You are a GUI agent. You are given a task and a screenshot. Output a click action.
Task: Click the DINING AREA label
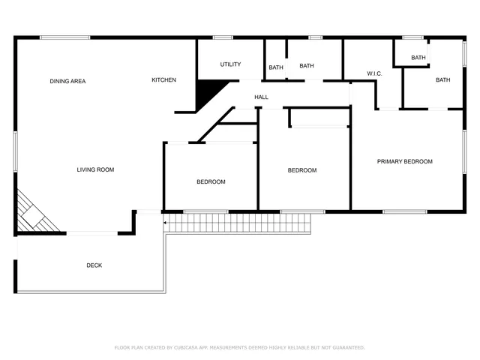67,81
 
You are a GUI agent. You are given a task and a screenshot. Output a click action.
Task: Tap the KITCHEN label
164,80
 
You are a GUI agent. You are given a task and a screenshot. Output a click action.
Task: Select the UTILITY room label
230,64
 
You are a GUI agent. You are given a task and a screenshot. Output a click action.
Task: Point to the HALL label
261,97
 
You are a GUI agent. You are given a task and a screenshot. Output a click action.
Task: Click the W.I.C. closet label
375,73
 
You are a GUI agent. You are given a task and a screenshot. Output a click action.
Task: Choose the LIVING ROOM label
95,169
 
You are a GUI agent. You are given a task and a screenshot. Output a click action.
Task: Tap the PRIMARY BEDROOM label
404,161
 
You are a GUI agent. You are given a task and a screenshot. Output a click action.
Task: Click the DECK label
94,265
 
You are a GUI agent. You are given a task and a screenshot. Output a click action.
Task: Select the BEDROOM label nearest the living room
211,181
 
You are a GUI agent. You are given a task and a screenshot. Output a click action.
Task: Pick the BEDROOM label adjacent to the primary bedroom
302,170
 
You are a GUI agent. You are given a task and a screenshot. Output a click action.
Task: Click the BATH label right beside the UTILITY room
276,68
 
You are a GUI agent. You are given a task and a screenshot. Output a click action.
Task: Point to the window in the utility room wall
222,37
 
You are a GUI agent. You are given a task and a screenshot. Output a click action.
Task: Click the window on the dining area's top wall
64,37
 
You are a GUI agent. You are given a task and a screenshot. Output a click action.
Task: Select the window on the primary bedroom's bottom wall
404,211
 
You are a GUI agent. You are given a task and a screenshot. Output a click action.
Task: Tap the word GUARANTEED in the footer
346,348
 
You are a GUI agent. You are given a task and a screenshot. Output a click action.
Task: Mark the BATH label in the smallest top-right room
418,58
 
